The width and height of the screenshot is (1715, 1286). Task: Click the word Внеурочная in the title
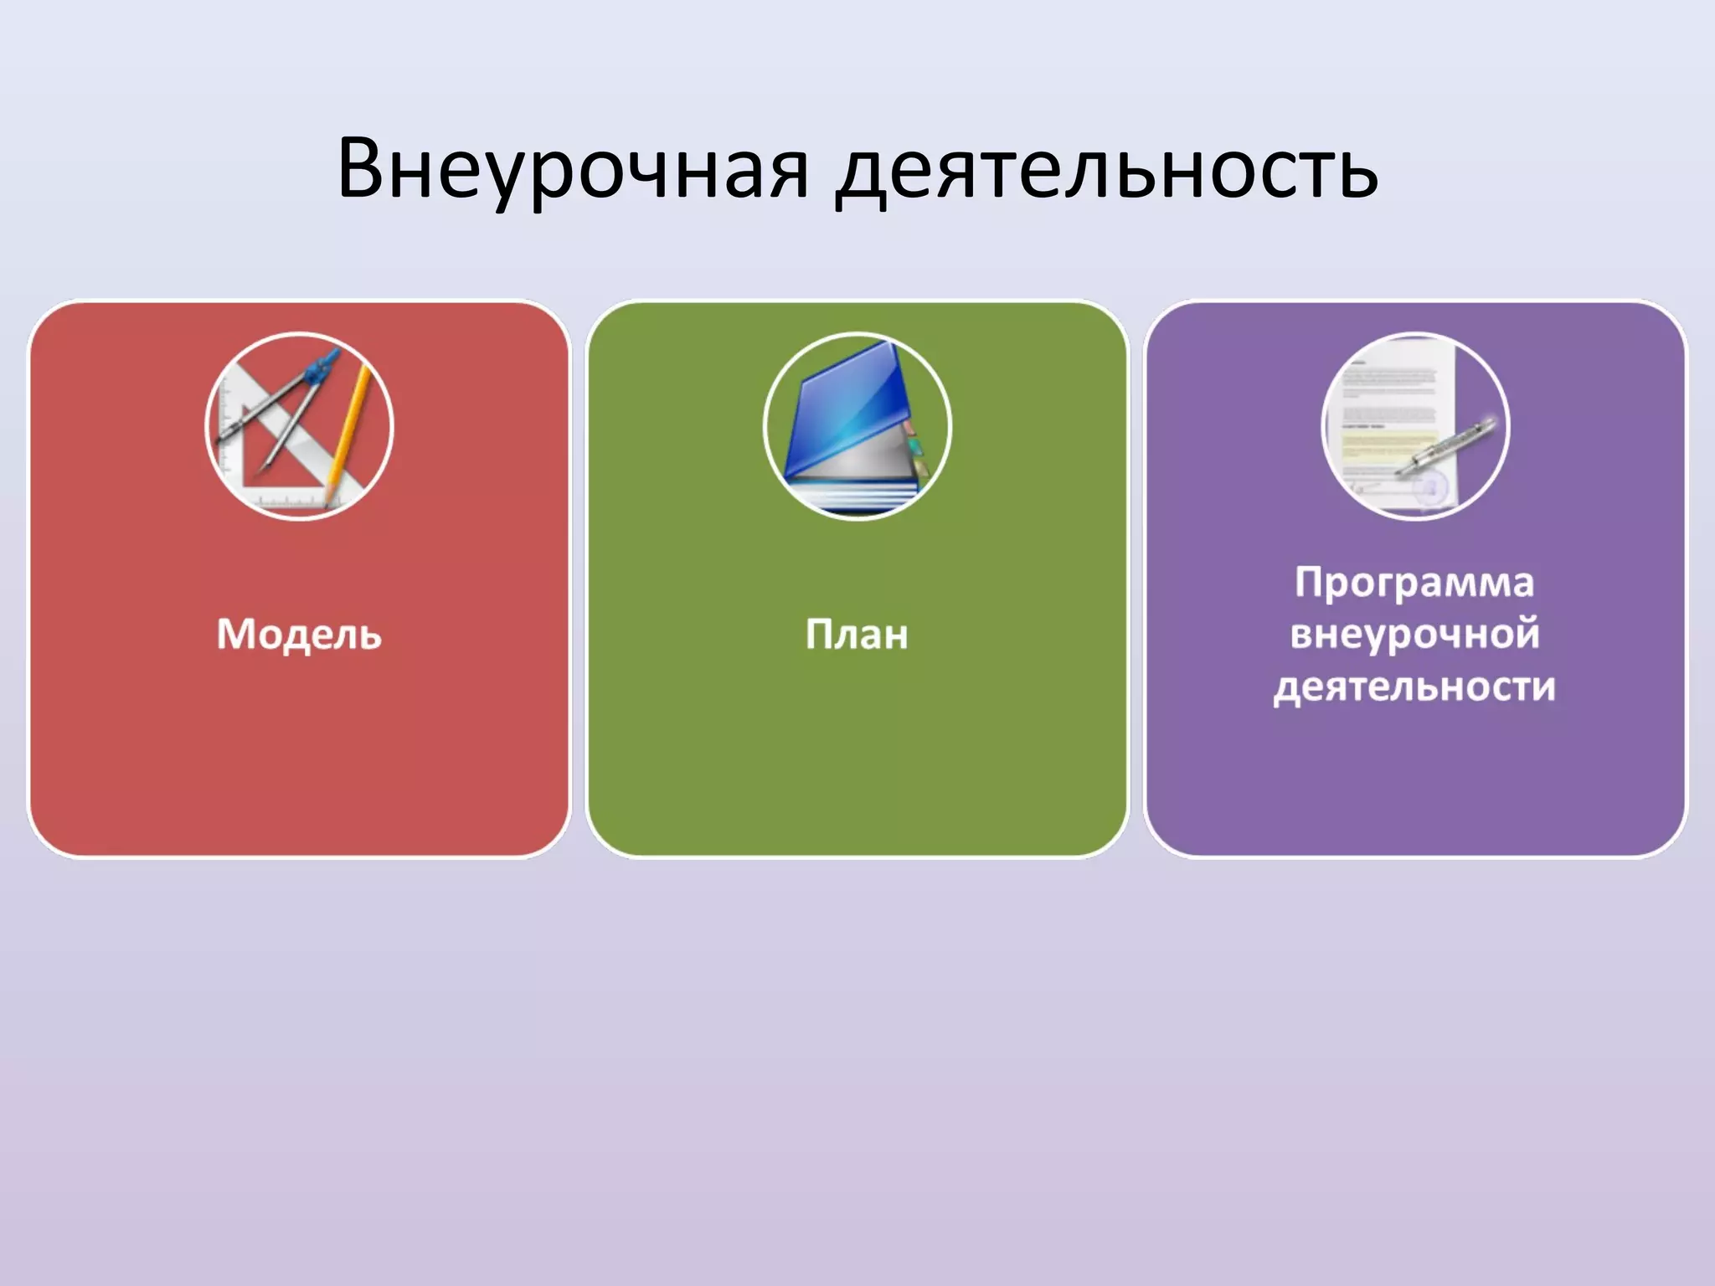(x=573, y=169)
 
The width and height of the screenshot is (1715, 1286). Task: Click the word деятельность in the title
(x=1107, y=171)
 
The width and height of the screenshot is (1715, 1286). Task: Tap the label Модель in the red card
(x=299, y=634)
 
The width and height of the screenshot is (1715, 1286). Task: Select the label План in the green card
(x=857, y=634)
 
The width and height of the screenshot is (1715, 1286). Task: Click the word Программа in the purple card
(x=1414, y=582)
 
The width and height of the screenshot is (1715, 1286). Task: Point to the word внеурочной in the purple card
(x=1414, y=634)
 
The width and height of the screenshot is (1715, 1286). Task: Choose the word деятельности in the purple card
(x=1414, y=687)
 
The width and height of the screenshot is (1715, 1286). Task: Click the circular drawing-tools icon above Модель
(x=299, y=426)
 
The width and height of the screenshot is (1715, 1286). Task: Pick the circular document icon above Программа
(x=1415, y=426)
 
